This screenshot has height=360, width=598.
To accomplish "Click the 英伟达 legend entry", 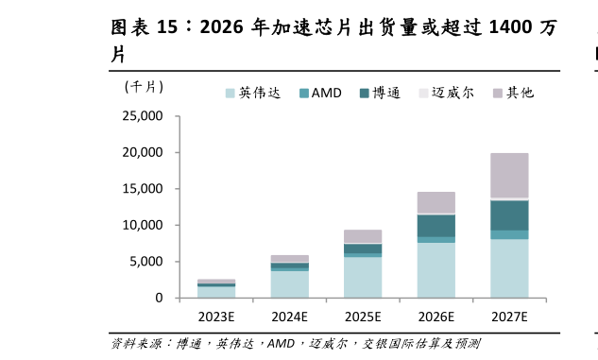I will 252,93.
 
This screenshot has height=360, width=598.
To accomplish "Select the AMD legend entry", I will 320,93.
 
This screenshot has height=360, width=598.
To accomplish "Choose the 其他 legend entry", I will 514,93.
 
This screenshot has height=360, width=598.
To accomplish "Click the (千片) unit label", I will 144,87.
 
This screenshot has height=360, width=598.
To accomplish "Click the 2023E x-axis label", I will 215,317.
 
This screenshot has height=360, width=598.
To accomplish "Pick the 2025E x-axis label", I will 363,317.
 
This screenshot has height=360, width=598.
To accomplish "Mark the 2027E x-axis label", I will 509,317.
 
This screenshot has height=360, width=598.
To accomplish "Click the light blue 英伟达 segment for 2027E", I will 509,268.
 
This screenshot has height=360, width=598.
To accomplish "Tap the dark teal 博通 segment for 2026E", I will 436,226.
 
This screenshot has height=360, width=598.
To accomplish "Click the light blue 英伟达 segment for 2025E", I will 363,277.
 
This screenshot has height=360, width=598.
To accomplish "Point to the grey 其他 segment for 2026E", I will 436,202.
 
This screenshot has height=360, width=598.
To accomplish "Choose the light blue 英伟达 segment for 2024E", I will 289,284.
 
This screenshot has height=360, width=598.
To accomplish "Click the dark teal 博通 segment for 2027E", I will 509,215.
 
